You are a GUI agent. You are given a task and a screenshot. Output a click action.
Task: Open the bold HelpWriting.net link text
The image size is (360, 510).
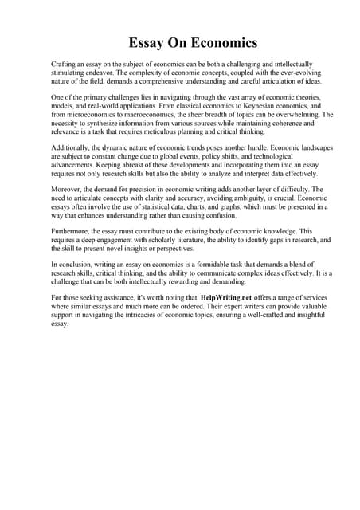(233, 298)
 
